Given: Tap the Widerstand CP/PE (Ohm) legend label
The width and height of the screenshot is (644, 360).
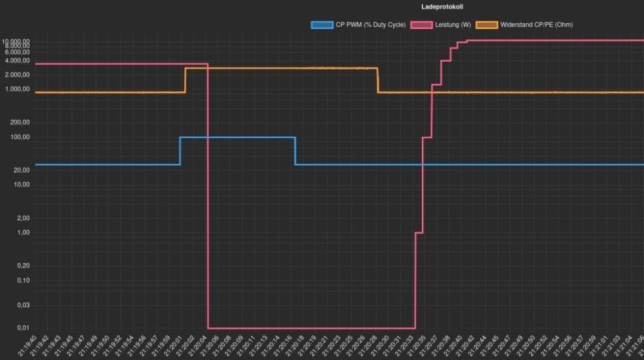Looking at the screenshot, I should point(536,24).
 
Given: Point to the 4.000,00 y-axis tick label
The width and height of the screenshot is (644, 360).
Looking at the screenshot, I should point(17,61).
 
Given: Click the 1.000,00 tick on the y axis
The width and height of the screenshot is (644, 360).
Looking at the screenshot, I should point(17,90).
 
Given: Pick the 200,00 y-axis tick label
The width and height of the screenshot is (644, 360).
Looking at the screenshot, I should point(21,122).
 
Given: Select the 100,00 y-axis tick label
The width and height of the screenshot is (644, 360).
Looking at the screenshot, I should point(21,137).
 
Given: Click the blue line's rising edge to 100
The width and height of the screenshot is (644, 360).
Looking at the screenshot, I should point(180,151).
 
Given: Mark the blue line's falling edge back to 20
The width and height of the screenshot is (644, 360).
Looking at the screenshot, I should point(295,151).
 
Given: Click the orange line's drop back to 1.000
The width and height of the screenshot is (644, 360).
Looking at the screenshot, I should point(378,80).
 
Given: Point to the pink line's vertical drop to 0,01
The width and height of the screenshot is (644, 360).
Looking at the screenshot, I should point(208,193).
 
